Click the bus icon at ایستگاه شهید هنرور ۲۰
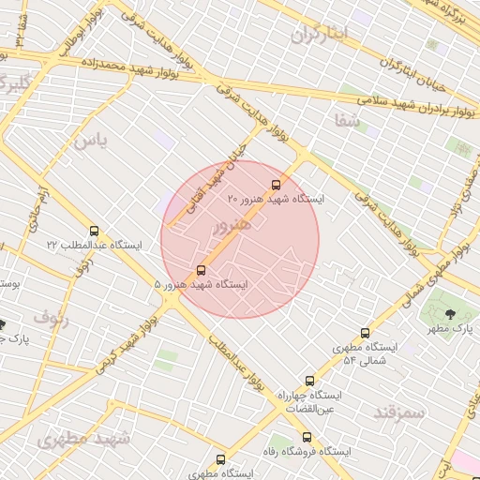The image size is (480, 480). click(x=276, y=185)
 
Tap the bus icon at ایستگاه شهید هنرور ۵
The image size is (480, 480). click(x=200, y=270)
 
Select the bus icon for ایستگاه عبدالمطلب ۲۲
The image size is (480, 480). click(x=93, y=231)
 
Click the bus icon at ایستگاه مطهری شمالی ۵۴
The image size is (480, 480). click(x=365, y=333)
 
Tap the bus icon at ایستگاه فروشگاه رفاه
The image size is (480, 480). click(x=307, y=437)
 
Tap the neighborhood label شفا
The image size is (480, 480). click(x=345, y=119)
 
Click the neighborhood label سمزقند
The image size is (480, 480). click(x=398, y=412)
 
